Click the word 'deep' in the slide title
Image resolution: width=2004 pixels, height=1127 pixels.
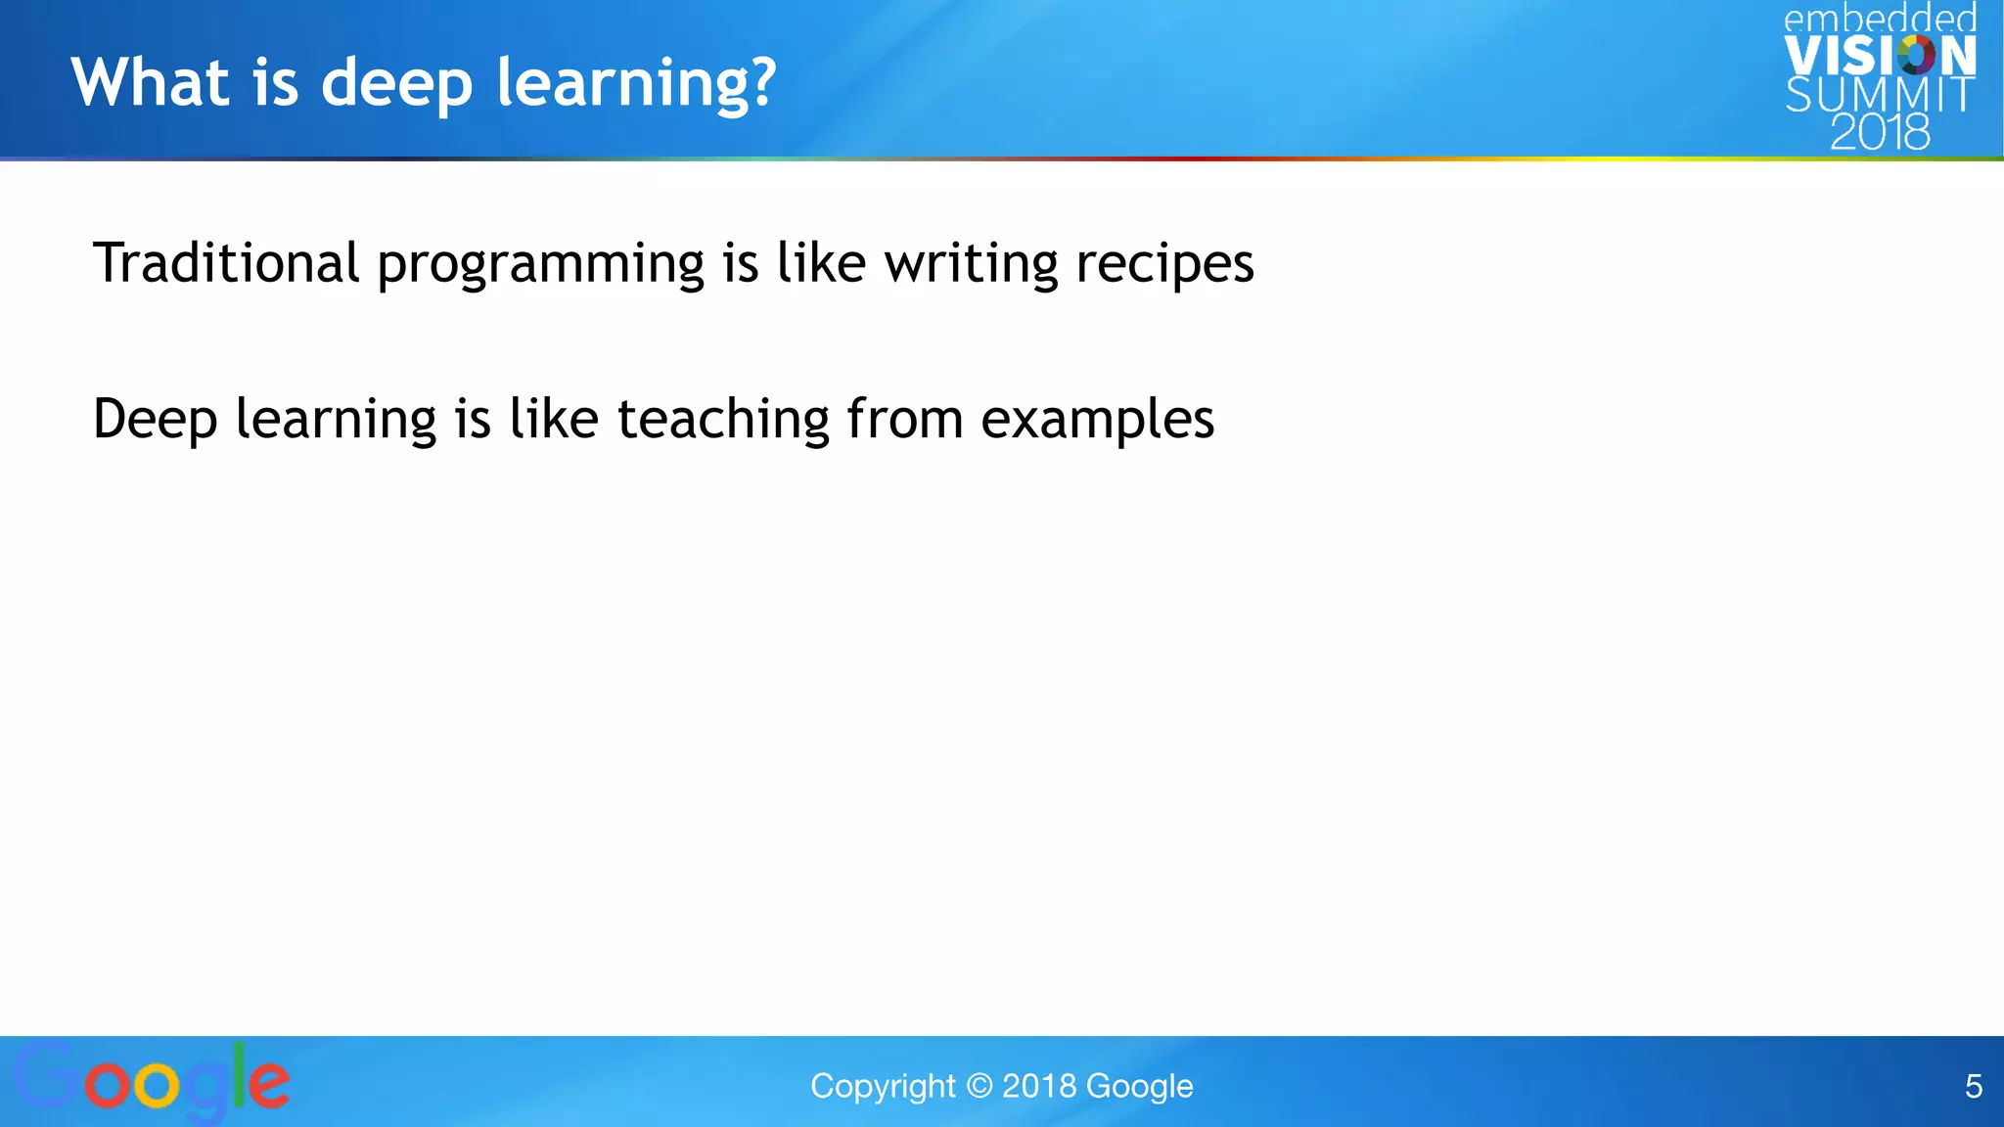(x=397, y=84)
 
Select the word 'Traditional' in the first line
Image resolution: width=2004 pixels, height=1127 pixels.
(x=226, y=263)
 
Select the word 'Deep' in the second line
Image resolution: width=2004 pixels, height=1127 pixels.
(x=155, y=421)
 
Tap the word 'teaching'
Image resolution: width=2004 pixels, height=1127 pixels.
(x=723, y=421)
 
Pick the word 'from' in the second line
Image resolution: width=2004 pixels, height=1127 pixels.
(x=905, y=421)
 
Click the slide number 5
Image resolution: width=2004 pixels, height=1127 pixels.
(x=1973, y=1086)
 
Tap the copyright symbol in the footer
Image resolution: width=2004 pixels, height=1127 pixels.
(x=979, y=1086)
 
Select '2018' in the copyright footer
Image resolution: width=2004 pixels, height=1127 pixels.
(x=1039, y=1086)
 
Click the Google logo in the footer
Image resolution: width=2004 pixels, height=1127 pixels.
(x=152, y=1081)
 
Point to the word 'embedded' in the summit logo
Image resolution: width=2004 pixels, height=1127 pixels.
(x=1880, y=19)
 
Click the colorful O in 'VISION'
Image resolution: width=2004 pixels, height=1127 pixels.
(x=1916, y=55)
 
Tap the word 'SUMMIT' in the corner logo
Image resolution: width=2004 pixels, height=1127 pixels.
(x=1879, y=95)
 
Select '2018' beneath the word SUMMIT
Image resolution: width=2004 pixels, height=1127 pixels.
(x=1880, y=132)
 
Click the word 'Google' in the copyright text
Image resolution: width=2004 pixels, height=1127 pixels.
(x=1139, y=1086)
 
